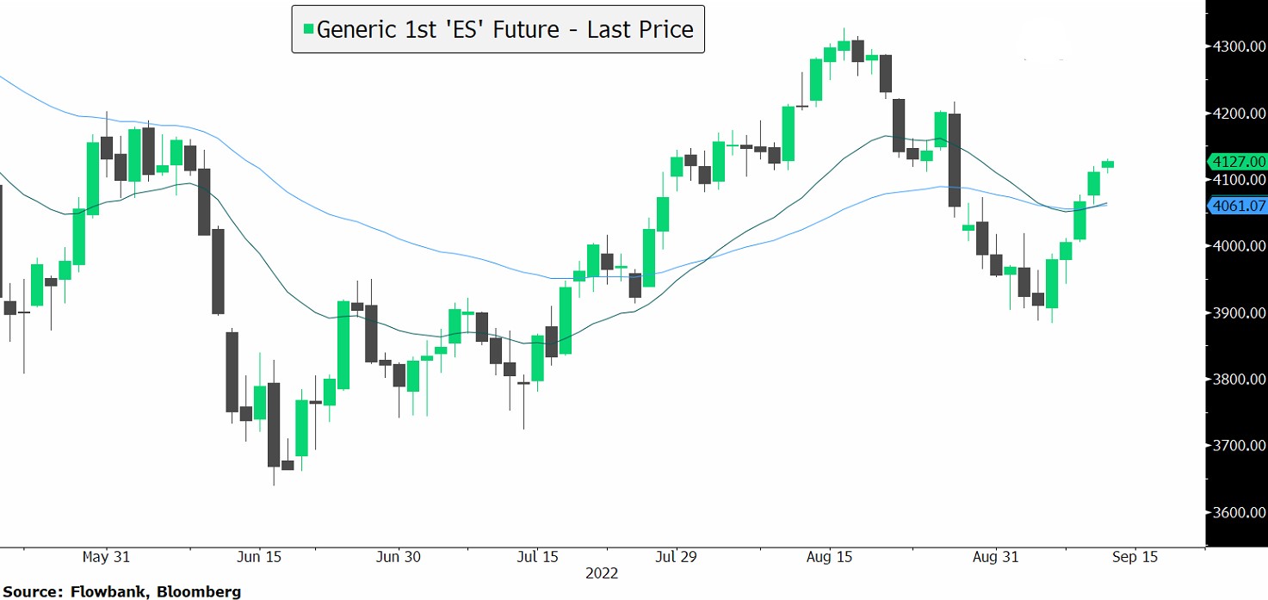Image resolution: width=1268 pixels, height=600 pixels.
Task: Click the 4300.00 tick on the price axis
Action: point(1237,46)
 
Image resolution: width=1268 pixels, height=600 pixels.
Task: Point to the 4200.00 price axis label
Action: point(1237,113)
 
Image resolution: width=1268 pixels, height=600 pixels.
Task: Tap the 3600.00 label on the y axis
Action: point(1237,513)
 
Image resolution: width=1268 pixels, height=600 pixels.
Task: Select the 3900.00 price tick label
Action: point(1237,313)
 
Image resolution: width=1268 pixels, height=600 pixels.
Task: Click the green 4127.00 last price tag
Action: point(1238,161)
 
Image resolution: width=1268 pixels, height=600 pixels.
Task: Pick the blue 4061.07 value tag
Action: point(1238,206)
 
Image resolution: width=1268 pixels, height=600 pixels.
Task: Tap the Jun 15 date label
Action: point(258,557)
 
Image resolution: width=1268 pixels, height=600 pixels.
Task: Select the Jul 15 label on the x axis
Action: point(537,557)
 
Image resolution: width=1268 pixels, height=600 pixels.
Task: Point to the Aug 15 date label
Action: point(830,557)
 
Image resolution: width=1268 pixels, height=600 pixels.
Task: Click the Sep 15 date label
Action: point(1135,557)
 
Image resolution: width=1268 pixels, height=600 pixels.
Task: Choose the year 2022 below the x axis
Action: point(601,573)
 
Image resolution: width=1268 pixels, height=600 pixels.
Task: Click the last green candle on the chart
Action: point(1107,164)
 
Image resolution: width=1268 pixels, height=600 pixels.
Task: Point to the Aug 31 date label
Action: point(996,557)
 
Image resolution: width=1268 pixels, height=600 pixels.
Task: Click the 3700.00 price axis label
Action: point(1237,447)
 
